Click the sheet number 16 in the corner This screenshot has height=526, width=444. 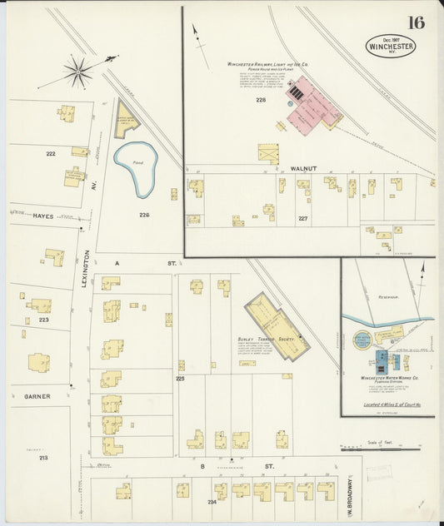click(416, 22)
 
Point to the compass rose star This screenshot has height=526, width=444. click(78, 72)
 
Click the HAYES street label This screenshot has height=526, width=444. click(42, 216)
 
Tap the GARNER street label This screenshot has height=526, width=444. click(37, 396)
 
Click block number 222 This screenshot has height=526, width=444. click(51, 154)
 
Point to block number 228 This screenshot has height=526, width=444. click(261, 100)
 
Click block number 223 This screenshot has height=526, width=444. click(43, 319)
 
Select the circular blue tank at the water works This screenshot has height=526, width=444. click(362, 340)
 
